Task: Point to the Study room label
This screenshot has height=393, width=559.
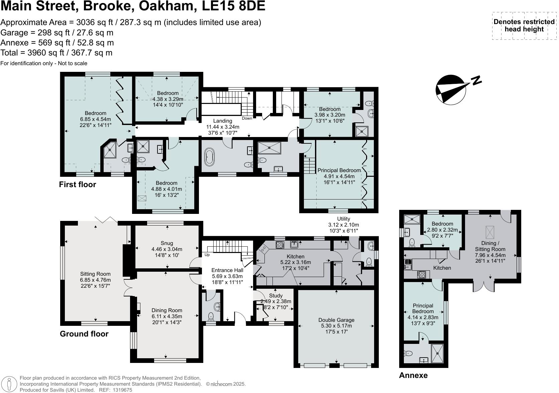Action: [275, 295]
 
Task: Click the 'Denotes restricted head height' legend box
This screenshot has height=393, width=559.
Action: [524, 26]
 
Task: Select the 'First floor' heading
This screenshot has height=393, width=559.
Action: [77, 184]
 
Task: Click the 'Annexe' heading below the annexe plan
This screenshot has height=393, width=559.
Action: [413, 375]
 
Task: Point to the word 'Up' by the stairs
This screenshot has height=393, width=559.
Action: [207, 255]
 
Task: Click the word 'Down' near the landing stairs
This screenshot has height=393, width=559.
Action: [247, 118]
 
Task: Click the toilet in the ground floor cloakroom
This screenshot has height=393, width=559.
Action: [211, 316]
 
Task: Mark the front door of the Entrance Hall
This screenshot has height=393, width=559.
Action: [240, 319]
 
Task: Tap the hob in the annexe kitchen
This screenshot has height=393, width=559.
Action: [421, 274]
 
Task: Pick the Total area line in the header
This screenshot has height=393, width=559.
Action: [57, 53]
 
